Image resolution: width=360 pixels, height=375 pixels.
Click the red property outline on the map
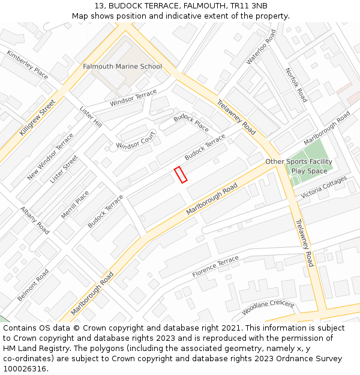tap(181, 175)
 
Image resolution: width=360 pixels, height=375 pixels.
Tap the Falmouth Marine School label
tap(122, 67)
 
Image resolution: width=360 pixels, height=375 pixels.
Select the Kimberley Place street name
tap(28, 64)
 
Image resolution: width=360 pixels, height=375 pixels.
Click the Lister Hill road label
tap(91, 116)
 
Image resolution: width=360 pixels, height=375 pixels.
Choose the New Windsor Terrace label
tap(50, 157)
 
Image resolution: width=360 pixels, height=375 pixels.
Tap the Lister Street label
tap(64, 169)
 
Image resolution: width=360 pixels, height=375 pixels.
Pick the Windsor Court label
tap(136, 142)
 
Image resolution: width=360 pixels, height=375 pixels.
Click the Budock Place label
tap(191, 123)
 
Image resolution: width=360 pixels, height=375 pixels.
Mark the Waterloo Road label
tap(261, 47)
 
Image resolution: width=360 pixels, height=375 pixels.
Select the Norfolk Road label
tap(296, 85)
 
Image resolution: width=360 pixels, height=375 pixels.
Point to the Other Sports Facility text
tap(299, 162)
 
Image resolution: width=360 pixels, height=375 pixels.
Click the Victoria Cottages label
tap(324, 187)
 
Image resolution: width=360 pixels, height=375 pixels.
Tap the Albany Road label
tap(35, 220)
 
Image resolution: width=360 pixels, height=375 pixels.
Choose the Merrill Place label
tap(75, 205)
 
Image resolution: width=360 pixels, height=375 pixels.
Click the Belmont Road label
tap(33, 285)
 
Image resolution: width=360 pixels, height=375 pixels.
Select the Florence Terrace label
tap(215, 266)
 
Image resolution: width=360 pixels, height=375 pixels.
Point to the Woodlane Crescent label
tap(268, 308)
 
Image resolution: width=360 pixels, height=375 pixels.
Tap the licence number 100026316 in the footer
tap(24, 369)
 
